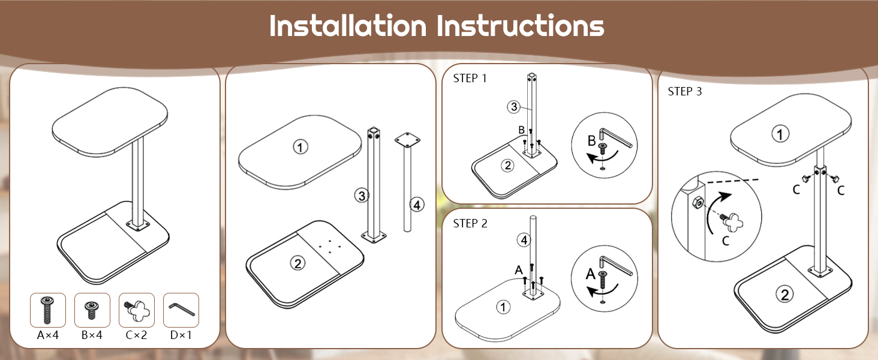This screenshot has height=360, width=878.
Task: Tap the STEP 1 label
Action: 470,79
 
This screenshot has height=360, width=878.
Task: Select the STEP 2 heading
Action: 470,224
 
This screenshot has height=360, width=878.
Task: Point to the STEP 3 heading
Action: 685,91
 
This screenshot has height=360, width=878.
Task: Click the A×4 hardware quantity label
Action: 48,335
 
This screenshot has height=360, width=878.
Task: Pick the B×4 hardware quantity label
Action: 92,335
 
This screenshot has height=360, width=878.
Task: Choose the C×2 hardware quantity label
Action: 136,335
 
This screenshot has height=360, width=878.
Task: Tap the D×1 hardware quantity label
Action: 181,335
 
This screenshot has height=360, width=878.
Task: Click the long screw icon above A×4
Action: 47,310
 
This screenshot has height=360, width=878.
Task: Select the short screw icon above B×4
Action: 92,310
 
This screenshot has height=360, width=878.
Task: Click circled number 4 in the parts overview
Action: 417,205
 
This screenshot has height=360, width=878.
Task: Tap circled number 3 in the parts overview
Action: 362,195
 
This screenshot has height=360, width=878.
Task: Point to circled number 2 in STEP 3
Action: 784,294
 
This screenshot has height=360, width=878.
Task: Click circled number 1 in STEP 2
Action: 503,307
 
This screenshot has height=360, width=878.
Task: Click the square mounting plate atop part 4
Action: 407,140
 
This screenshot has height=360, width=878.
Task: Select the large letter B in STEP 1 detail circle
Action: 591,141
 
